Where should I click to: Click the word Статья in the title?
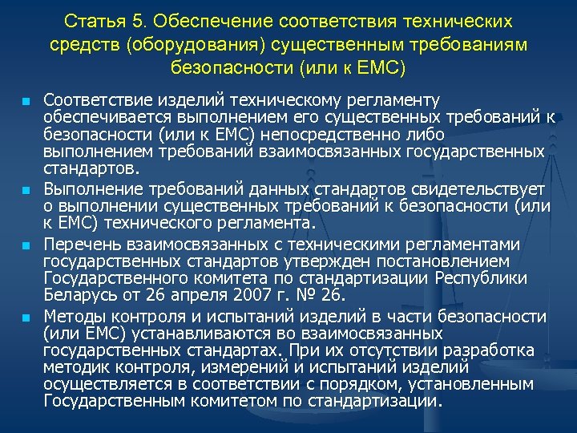[90, 20]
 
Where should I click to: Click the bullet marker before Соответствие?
[26, 103]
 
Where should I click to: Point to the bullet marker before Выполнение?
[26, 190]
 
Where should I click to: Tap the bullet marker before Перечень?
[26, 245]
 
